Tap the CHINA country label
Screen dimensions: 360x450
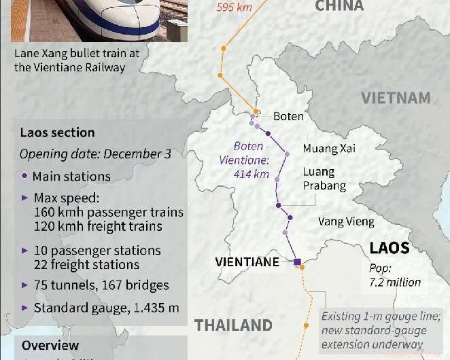(339, 6)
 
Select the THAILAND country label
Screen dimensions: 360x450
(233, 325)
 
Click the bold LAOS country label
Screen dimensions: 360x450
(390, 247)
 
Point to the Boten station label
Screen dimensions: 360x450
(288, 116)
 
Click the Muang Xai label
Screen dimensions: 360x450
(330, 148)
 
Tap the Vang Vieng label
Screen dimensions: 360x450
(346, 221)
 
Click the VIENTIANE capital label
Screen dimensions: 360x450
(247, 262)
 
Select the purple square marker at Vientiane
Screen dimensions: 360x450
(297, 262)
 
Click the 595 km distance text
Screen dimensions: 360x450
(234, 8)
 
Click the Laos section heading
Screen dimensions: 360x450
(57, 132)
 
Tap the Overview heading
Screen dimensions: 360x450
(50, 346)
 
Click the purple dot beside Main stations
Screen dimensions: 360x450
(25, 177)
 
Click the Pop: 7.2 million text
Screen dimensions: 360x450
(395, 274)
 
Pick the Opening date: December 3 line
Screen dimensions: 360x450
(95, 154)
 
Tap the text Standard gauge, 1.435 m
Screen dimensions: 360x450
(106, 308)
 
